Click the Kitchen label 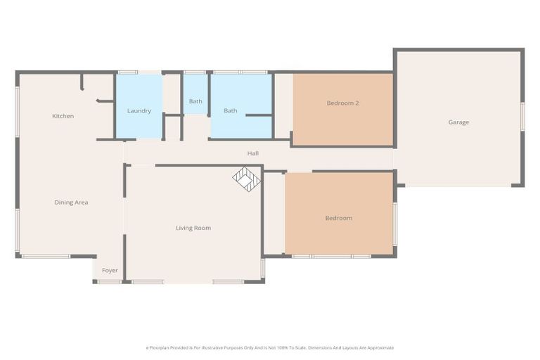[x=63, y=116]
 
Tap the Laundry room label [x=139, y=111]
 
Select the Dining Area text [x=71, y=202]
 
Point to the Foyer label [x=110, y=271]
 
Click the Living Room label [x=193, y=228]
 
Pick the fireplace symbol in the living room [x=247, y=179]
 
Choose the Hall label [x=252, y=153]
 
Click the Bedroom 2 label [x=342, y=103]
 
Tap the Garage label [x=458, y=122]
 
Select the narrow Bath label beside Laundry [x=195, y=101]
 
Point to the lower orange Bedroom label [x=338, y=218]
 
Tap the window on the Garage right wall [x=522, y=117]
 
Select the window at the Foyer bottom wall [x=109, y=282]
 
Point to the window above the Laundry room [x=128, y=72]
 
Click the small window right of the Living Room [x=263, y=269]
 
